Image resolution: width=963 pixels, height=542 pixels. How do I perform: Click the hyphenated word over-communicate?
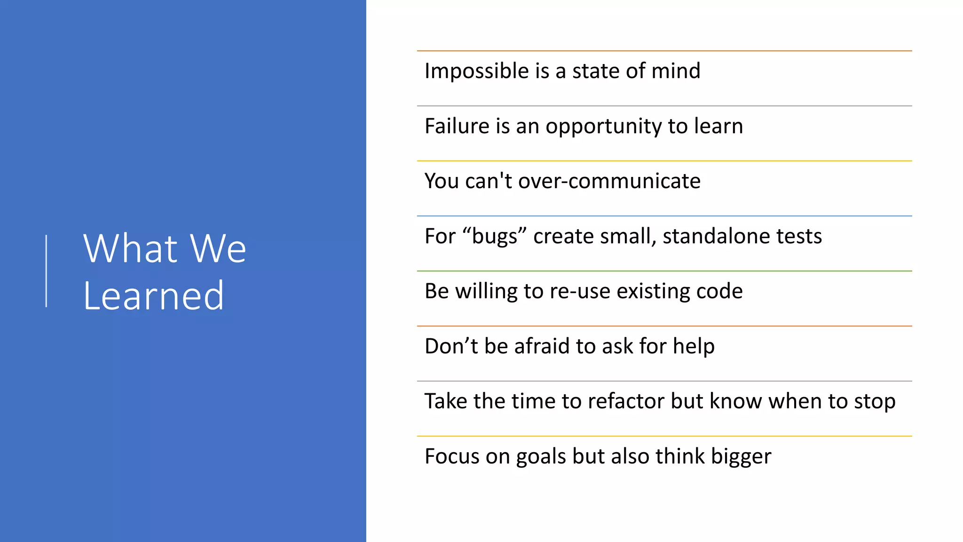(x=609, y=181)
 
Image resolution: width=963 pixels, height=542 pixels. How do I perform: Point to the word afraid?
(x=542, y=346)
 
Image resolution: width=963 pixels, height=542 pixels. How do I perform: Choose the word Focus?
(x=451, y=456)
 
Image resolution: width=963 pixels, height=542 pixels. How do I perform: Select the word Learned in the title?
(x=154, y=296)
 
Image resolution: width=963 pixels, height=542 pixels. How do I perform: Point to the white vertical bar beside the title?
(x=46, y=271)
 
